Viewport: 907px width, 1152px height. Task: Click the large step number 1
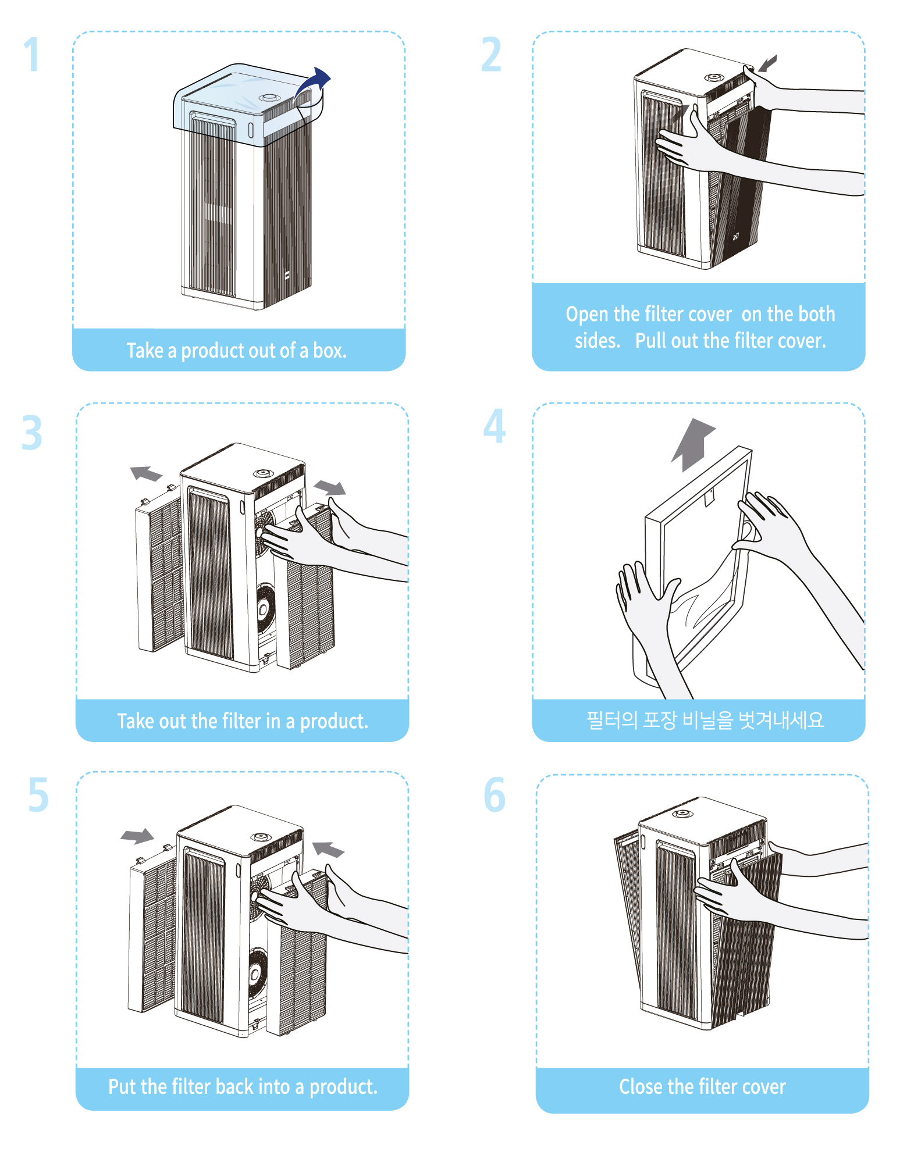[x=32, y=55]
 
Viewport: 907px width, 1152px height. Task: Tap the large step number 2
[x=491, y=55]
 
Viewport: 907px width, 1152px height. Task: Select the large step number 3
[x=32, y=433]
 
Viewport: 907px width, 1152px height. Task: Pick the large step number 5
[x=38, y=796]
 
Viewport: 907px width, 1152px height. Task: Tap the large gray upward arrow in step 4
[x=693, y=444]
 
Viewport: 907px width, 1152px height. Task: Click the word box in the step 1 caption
[x=329, y=351]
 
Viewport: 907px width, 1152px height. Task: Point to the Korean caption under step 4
[x=705, y=721]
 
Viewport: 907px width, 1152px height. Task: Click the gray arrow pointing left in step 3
[x=145, y=473]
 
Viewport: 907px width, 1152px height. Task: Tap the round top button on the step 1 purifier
[x=269, y=98]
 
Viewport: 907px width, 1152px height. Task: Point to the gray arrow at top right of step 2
[x=768, y=63]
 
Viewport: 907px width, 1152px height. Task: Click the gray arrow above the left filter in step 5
[x=137, y=836]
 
